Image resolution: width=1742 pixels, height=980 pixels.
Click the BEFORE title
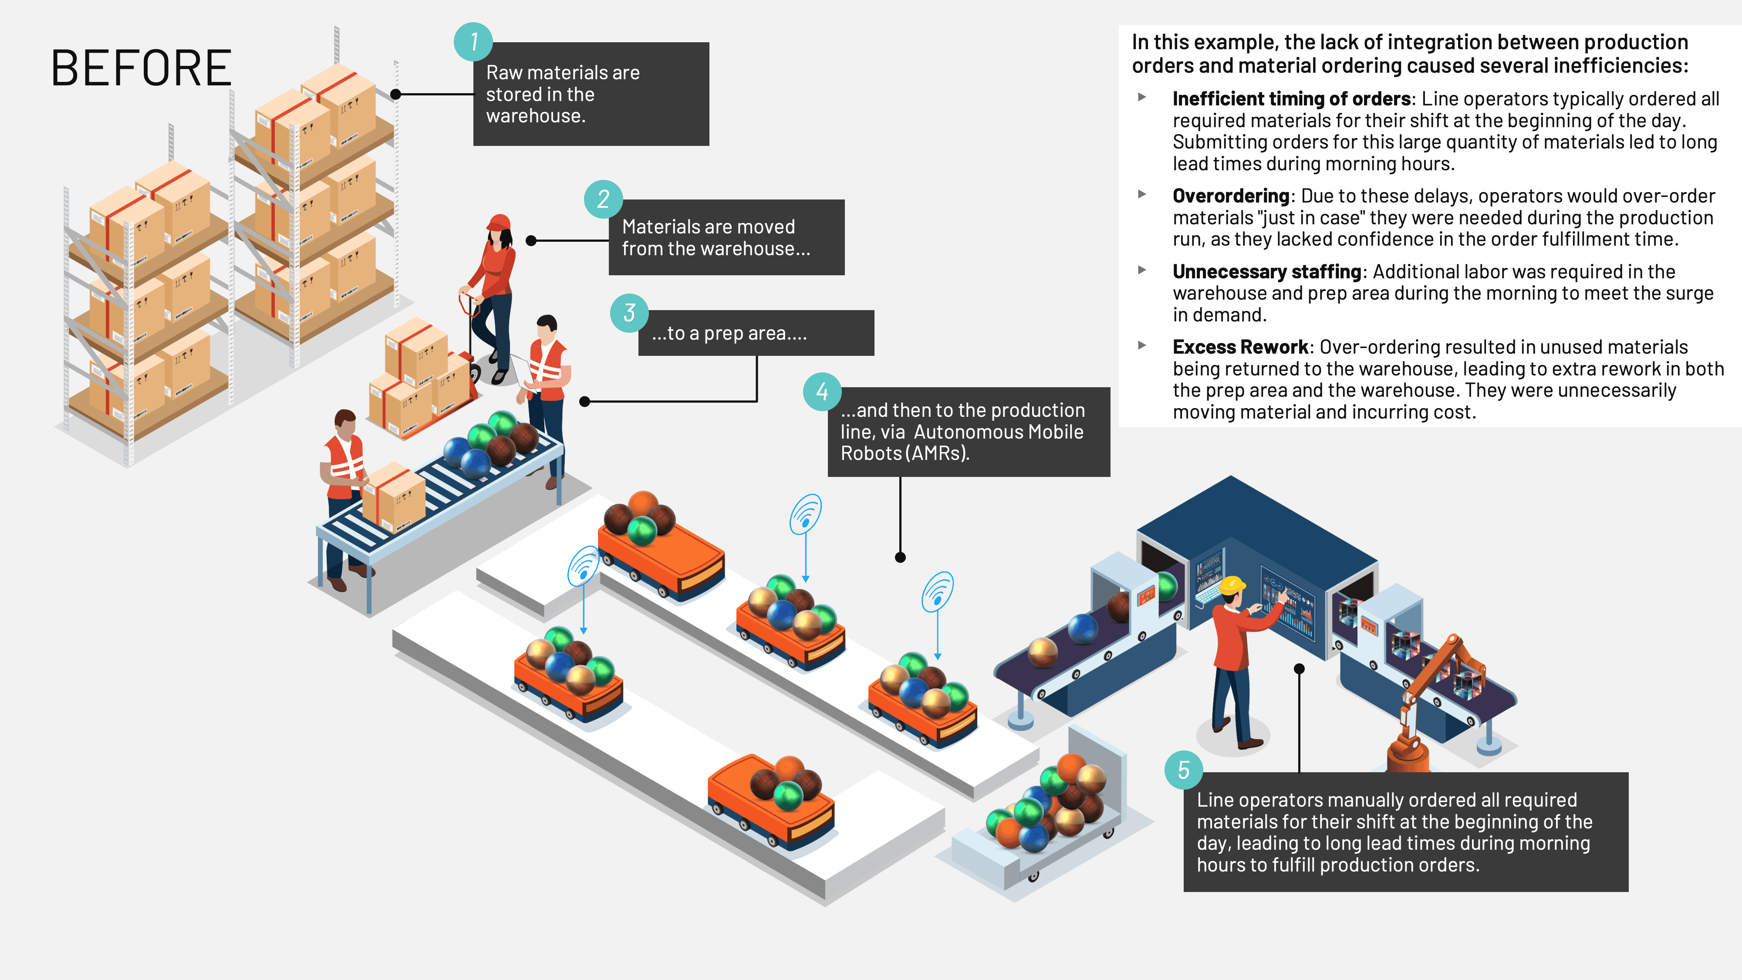tap(142, 68)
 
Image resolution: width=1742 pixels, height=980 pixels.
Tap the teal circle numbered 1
tap(473, 42)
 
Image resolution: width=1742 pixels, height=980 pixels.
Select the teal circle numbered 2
tap(603, 199)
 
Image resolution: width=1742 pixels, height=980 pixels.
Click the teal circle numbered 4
tap(822, 392)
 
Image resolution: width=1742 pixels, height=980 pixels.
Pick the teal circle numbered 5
tap(1183, 770)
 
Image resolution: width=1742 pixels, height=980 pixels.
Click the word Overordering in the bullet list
tap(1231, 196)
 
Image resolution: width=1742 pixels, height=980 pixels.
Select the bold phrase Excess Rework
tap(1240, 347)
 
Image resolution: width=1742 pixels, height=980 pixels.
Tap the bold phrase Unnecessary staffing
tap(1266, 272)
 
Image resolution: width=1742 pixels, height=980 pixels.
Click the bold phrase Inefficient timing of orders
tap(1291, 99)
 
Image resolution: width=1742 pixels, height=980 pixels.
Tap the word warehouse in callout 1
tap(535, 116)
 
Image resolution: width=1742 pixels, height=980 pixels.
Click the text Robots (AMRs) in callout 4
tap(905, 453)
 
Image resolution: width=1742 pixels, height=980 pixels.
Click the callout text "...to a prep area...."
tap(729, 334)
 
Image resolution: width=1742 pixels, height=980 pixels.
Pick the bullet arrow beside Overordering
tap(1142, 194)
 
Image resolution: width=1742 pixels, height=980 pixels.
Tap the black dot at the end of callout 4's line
tap(900, 558)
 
